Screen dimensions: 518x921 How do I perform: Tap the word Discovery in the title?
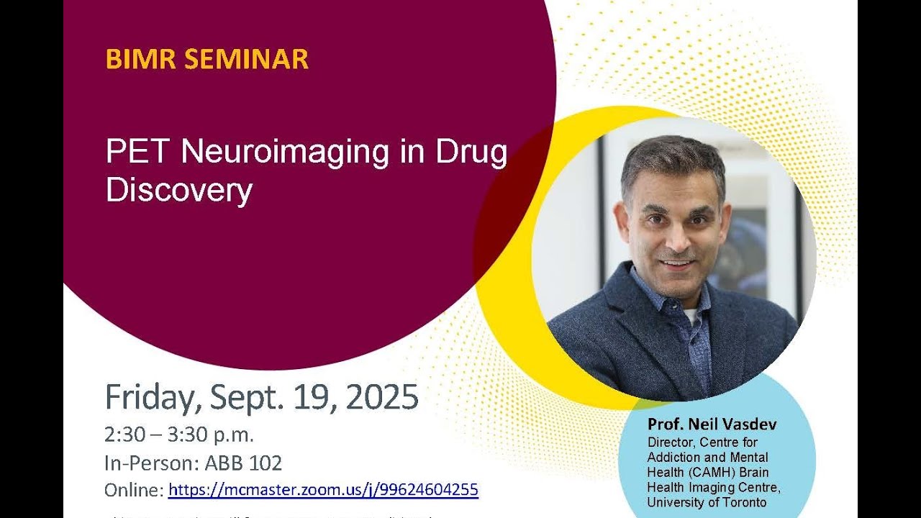(179, 189)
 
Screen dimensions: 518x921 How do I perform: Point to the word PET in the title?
(138, 152)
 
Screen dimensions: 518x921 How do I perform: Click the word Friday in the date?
(150, 397)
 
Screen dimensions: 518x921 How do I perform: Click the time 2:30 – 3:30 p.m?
(179, 435)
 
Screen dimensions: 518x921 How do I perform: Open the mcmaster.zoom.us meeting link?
(323, 491)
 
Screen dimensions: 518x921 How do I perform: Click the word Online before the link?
(134, 491)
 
